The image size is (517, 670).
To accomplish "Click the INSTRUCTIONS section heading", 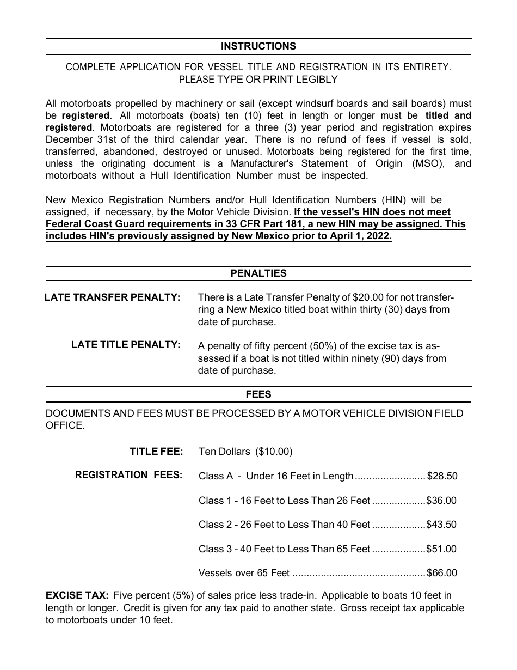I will [258, 46].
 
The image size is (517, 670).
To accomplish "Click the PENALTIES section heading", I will [258, 273].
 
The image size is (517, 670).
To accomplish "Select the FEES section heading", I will [258, 394].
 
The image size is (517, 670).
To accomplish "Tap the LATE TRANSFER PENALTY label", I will [112, 297].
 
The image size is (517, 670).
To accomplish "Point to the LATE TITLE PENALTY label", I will [126, 345].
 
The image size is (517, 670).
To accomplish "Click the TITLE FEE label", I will [156, 452].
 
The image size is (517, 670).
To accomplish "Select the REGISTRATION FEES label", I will [128, 475].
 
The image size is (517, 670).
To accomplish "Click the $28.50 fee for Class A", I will [442, 476].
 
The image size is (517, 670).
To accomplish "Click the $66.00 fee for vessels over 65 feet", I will [442, 573].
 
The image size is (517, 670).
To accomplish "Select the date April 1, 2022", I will [361, 236].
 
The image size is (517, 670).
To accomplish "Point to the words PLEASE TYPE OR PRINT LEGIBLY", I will [258, 80].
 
